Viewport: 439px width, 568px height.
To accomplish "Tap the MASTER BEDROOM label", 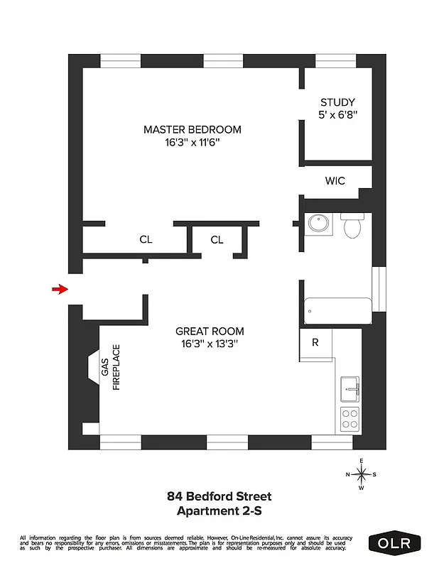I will (x=192, y=129).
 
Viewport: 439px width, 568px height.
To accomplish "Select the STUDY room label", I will (x=337, y=102).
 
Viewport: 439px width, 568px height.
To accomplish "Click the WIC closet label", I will (x=335, y=181).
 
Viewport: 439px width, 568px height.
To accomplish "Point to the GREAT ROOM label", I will (x=210, y=331).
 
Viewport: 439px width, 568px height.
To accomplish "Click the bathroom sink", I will (x=319, y=224).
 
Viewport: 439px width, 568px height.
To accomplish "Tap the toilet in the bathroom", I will (x=352, y=226).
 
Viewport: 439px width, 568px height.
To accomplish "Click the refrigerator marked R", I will (x=315, y=342).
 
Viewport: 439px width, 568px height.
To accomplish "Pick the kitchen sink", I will (x=350, y=389).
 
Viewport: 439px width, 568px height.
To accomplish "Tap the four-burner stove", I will (x=350, y=419).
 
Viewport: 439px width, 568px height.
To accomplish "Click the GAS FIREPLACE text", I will (x=111, y=368).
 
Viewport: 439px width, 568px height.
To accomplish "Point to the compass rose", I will (x=362, y=474).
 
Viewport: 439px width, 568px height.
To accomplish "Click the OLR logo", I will (x=395, y=543).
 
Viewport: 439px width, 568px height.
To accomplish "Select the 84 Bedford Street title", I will (x=219, y=496).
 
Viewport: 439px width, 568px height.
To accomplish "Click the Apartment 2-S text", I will (x=219, y=510).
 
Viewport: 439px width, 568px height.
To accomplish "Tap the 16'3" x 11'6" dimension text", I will (x=192, y=143).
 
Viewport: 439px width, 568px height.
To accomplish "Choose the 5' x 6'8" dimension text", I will (x=337, y=115).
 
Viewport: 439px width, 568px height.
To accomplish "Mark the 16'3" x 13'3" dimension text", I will (x=210, y=344).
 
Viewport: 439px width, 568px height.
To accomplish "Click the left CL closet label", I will (x=146, y=240).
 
